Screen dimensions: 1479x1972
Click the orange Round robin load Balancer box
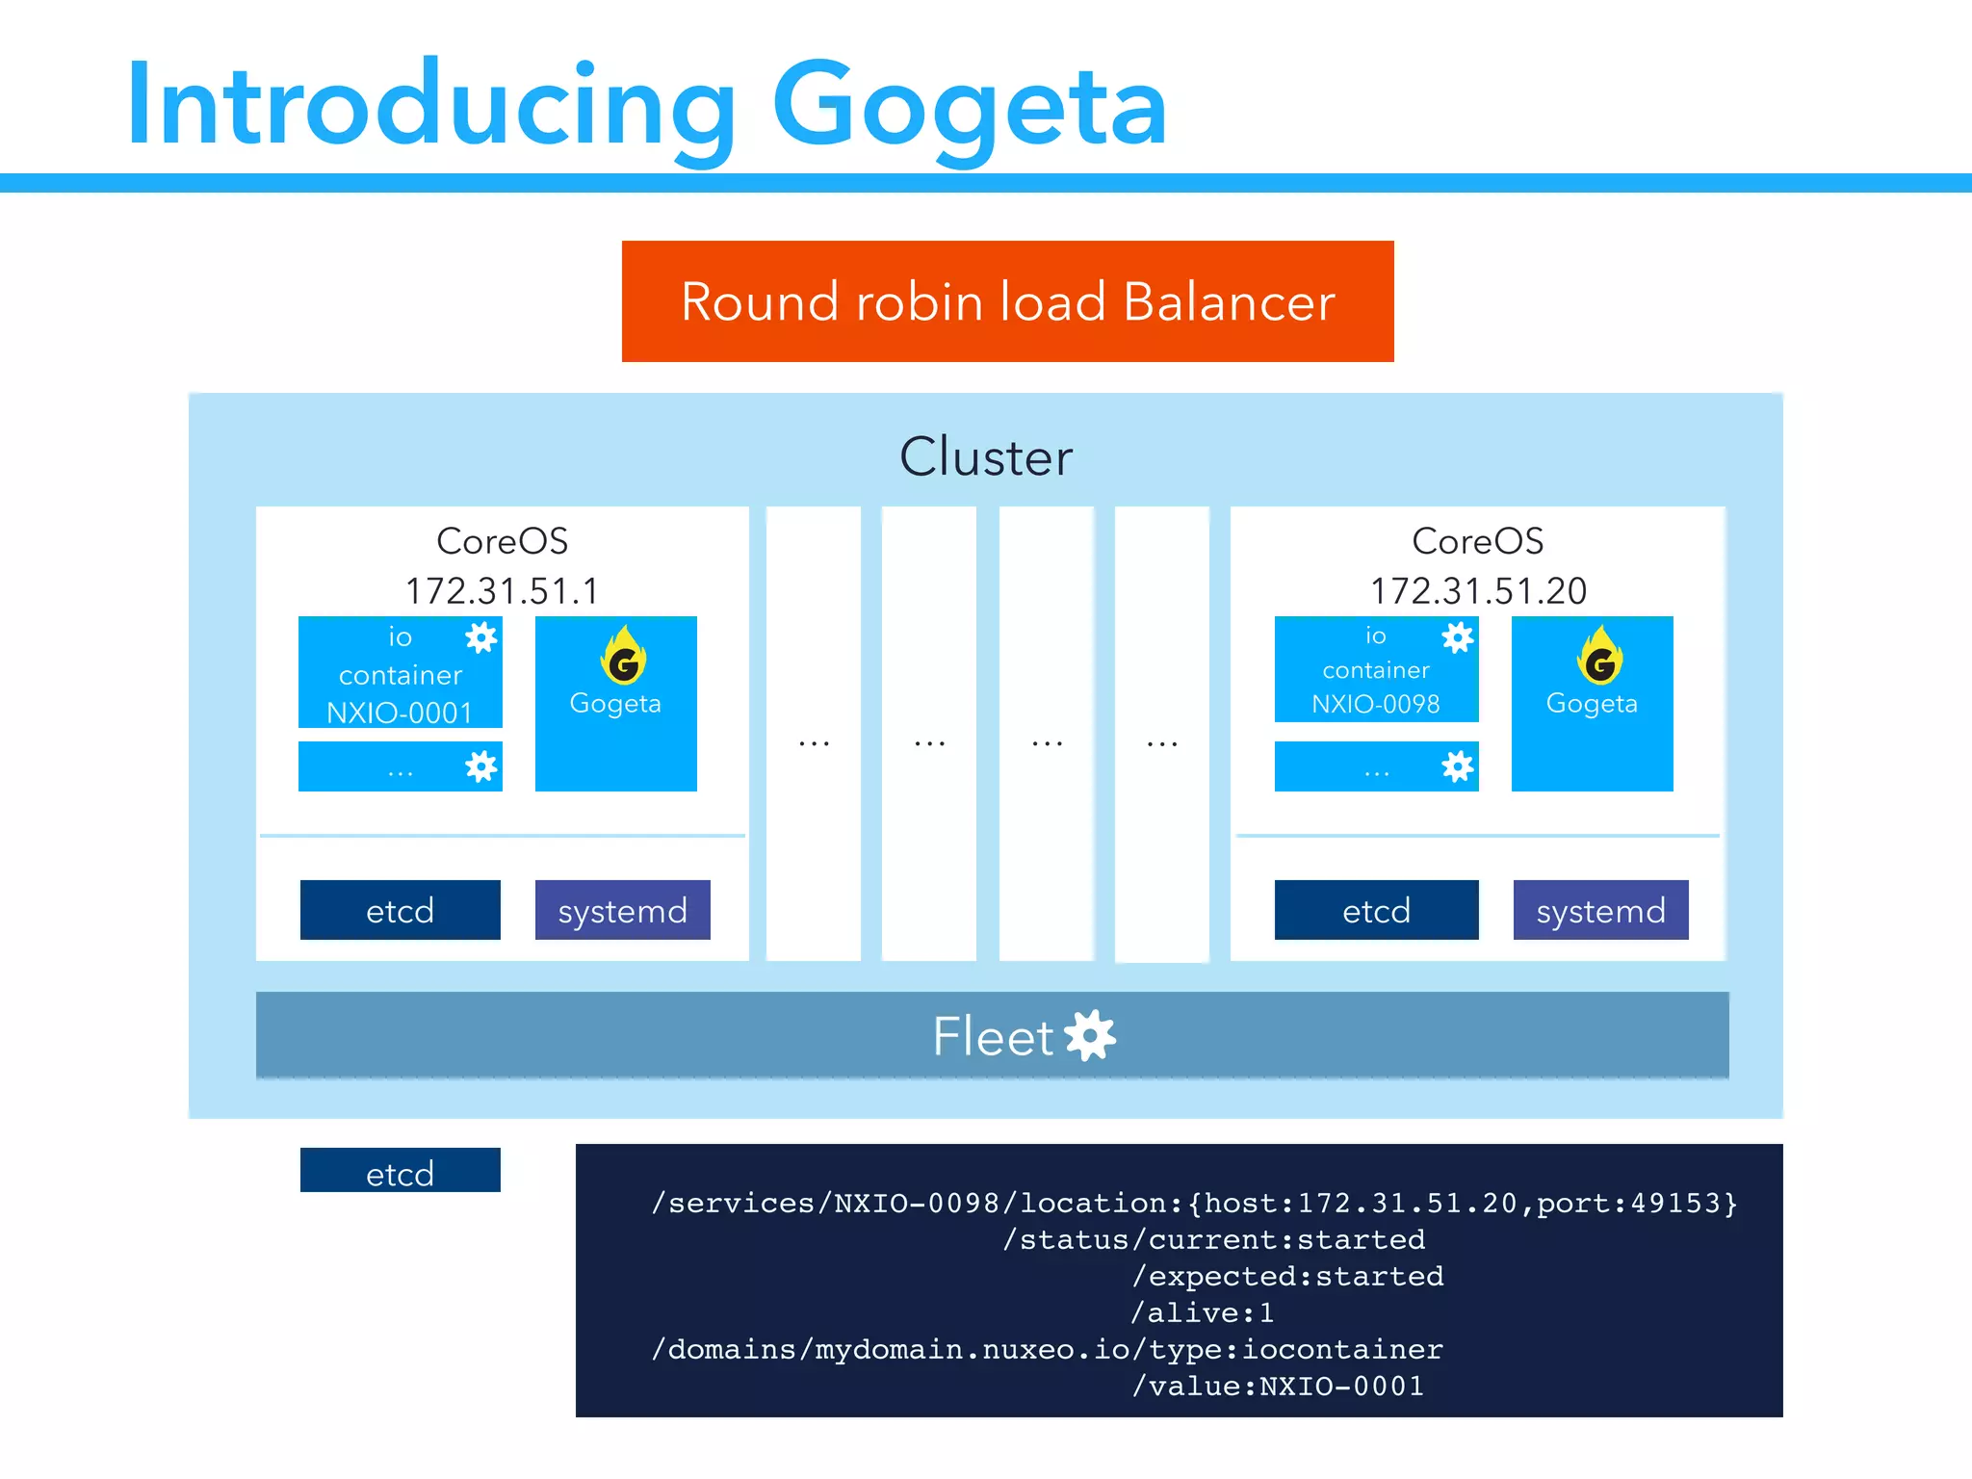click(x=1007, y=301)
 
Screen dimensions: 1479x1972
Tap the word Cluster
click(x=985, y=456)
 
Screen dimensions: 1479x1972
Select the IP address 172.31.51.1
click(x=502, y=590)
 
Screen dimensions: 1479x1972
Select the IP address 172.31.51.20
click(x=1478, y=590)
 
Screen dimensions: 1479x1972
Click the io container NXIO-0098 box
click(x=1375, y=670)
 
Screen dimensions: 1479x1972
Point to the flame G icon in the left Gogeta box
click(x=623, y=657)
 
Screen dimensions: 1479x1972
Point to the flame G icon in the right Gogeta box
click(x=1599, y=657)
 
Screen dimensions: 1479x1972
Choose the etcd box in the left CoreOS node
click(x=400, y=910)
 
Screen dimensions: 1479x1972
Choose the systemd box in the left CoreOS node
click(x=622, y=910)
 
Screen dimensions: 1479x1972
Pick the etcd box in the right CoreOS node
click(x=1376, y=910)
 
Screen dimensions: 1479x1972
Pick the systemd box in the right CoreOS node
click(x=1600, y=910)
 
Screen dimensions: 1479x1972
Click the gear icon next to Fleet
click(x=1091, y=1036)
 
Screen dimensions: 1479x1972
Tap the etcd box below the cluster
click(x=400, y=1171)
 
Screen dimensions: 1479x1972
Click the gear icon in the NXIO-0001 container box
click(x=480, y=637)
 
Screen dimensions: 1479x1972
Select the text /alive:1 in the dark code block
click(x=1203, y=1312)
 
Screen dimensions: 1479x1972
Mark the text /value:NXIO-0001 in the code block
click(x=1278, y=1386)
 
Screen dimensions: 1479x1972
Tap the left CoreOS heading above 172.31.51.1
click(x=502, y=541)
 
